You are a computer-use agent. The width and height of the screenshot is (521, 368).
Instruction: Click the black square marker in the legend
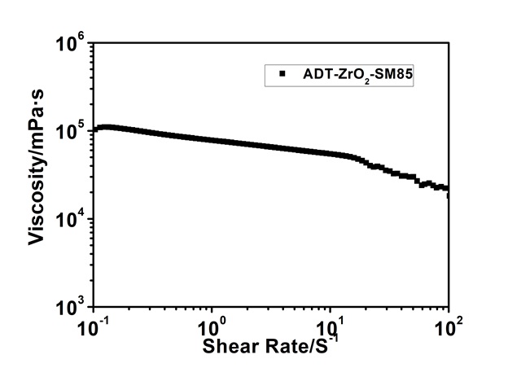(x=282, y=74)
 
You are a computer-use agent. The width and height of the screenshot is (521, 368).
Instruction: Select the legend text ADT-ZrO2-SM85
(x=339, y=75)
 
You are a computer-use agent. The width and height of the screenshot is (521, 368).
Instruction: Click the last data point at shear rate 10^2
(x=448, y=194)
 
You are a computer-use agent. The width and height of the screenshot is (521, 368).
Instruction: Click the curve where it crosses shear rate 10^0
(x=212, y=140)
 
